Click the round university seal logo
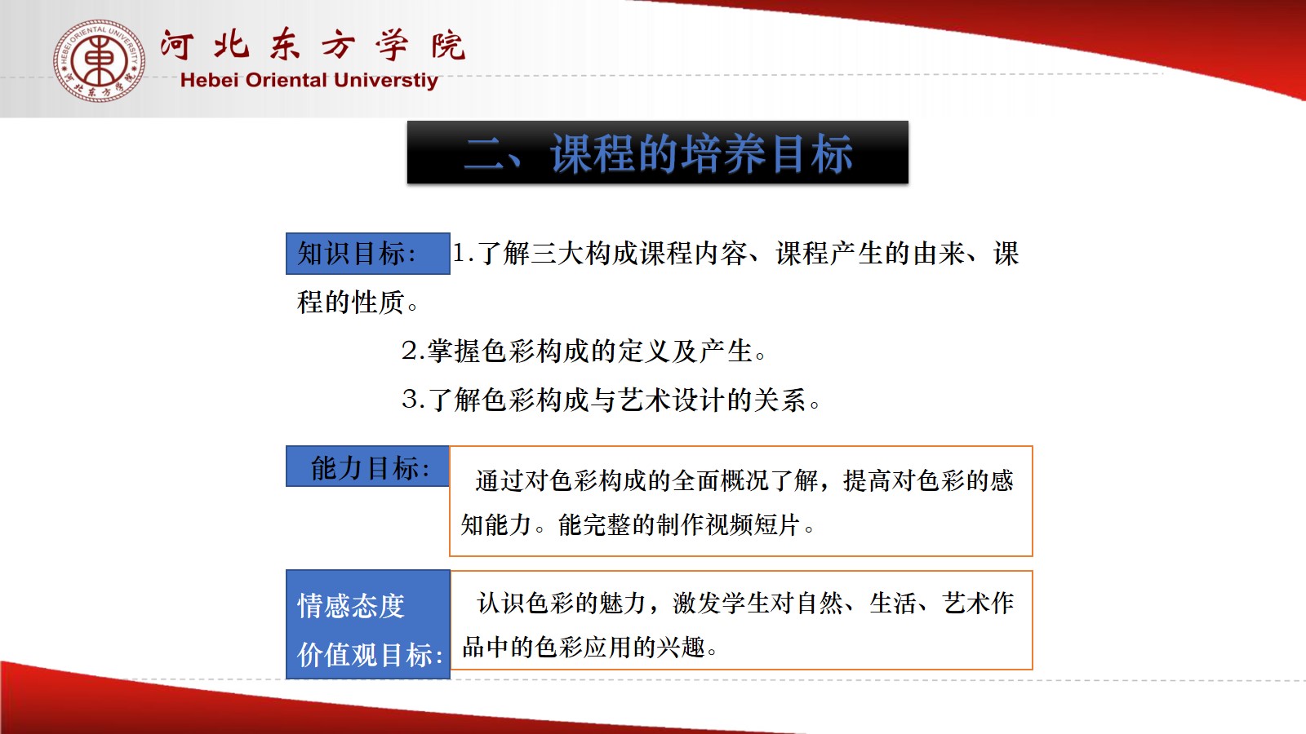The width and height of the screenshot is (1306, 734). (x=99, y=60)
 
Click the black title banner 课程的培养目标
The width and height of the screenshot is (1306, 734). (x=658, y=153)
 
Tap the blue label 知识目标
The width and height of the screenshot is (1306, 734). (x=368, y=254)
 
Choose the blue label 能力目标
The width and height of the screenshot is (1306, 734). (x=368, y=466)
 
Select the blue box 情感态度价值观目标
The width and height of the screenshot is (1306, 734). (x=368, y=625)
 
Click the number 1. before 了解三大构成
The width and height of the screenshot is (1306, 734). (x=463, y=254)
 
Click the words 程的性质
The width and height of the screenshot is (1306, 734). (x=350, y=303)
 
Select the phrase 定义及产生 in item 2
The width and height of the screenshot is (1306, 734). (x=685, y=351)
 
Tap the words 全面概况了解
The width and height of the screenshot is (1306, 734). (x=745, y=480)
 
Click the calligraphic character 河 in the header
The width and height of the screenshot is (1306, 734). (x=176, y=45)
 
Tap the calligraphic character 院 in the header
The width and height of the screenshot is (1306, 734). (x=448, y=45)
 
